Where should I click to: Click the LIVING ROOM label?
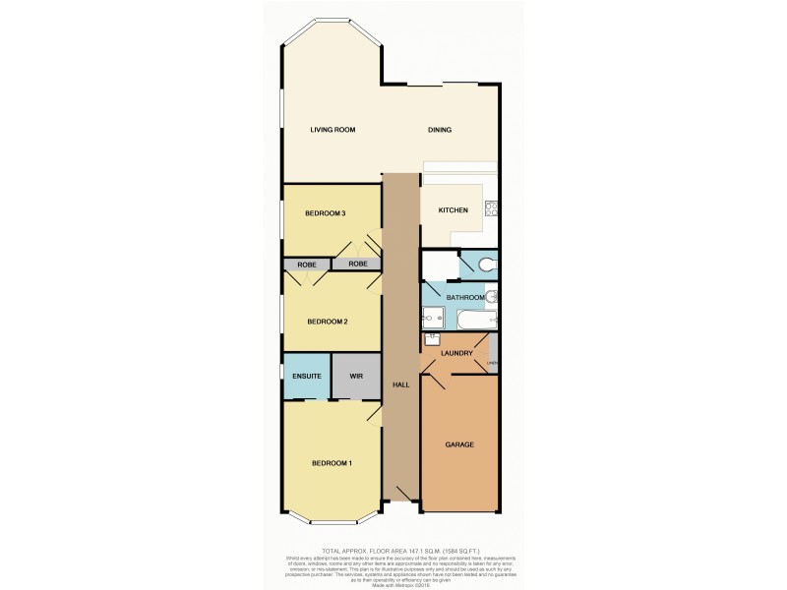click(332, 130)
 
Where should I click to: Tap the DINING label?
click(439, 130)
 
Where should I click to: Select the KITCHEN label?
click(439, 210)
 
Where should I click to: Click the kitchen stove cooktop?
click(492, 208)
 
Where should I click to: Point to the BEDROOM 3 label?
click(324, 213)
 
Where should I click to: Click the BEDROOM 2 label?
click(327, 322)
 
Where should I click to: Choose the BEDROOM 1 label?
click(332, 463)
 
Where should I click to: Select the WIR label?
click(355, 375)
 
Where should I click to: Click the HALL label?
click(400, 383)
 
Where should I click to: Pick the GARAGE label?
click(459, 444)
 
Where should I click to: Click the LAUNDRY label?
click(459, 353)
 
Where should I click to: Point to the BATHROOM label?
click(465, 297)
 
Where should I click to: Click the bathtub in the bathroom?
click(475, 320)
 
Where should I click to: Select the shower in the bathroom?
click(434, 317)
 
